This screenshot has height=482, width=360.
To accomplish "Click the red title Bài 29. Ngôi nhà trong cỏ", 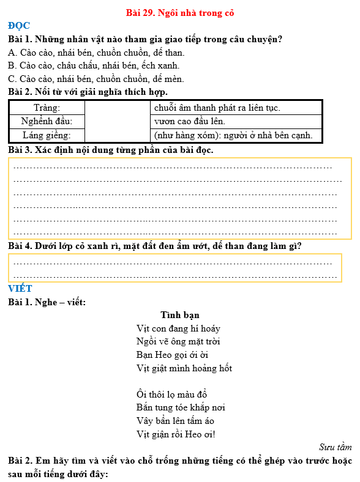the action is (179, 12).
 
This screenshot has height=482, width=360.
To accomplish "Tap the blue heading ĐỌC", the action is (19, 26).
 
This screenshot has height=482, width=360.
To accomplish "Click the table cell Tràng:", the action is (47, 108).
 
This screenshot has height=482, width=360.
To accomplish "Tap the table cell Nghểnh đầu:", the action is (47, 121).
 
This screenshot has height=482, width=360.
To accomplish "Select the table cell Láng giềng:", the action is (47, 135).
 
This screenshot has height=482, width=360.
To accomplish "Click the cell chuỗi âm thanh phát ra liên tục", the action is (217, 108).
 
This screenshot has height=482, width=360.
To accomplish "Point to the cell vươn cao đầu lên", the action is (190, 121).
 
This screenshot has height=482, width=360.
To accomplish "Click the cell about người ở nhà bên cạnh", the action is (233, 135).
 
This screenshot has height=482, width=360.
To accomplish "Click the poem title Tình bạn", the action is (179, 315).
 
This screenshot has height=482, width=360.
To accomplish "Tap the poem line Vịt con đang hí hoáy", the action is (178, 328).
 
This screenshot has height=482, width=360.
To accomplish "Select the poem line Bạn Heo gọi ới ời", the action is (173, 355).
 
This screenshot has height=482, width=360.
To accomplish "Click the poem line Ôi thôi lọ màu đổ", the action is (172, 395).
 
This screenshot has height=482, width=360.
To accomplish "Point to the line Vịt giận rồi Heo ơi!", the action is (176, 434).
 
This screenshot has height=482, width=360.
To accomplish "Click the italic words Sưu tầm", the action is (335, 447).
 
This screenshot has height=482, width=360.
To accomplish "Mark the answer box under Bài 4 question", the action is (174, 268).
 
